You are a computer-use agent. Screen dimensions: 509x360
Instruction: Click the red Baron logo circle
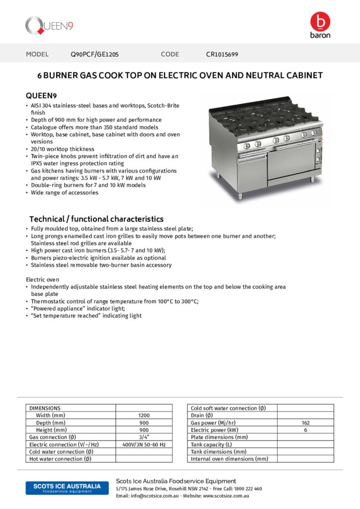(320, 21)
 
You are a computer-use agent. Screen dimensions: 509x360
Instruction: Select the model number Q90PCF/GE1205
(94, 54)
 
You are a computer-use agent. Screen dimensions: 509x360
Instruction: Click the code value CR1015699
(222, 54)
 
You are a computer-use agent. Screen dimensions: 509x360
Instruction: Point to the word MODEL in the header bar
(37, 54)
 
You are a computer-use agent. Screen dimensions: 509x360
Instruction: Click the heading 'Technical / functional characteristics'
(96, 219)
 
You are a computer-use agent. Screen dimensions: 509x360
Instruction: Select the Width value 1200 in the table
(144, 415)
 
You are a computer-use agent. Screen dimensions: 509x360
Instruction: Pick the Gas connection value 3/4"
(144, 437)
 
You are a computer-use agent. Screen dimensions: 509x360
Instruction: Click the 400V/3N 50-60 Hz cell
(144, 444)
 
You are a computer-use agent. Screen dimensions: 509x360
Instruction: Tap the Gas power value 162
(305, 423)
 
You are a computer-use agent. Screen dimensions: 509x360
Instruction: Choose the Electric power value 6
(305, 430)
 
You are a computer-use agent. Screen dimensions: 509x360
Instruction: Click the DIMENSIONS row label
(45, 408)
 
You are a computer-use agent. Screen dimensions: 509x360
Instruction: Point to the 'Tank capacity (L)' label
(211, 444)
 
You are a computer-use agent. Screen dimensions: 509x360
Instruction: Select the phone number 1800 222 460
(245, 489)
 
